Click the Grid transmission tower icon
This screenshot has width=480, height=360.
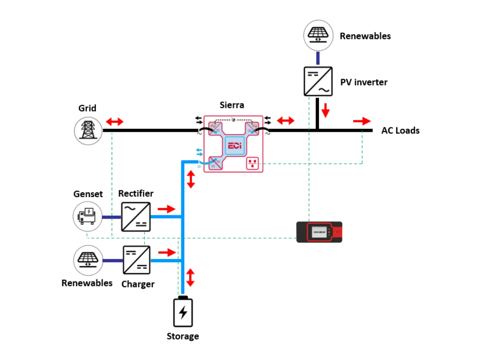point(88,130)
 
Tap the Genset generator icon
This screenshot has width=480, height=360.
point(87,216)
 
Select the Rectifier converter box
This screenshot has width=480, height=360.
point(136,216)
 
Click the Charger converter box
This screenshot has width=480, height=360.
point(136,259)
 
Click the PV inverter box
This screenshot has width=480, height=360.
point(318,81)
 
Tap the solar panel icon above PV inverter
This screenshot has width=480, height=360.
point(318,35)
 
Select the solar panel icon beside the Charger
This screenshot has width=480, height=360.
point(88,260)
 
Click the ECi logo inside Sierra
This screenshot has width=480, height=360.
point(234,145)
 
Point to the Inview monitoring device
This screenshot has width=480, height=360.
point(319,232)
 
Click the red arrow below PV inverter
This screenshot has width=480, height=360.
point(325,110)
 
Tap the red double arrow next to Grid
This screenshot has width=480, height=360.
point(114,121)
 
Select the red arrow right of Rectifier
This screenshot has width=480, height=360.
point(166,209)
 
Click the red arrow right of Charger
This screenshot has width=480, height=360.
point(167,252)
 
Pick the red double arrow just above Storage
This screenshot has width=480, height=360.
point(190,277)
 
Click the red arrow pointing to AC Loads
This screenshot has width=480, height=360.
point(361,121)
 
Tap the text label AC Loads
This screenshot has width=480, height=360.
point(400,130)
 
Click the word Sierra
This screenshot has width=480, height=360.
point(232,105)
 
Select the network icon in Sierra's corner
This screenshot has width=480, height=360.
point(252,163)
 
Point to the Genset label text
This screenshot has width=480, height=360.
point(88,194)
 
